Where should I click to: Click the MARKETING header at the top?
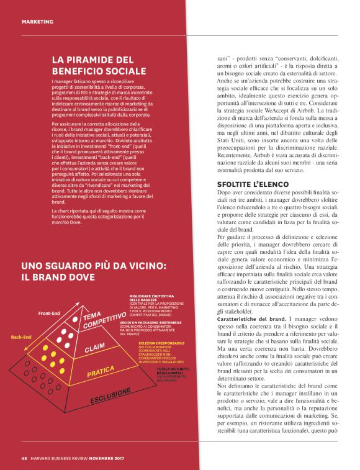[37, 22]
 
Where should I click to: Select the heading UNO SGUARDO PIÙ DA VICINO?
[93, 270]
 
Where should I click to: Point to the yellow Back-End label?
[20, 337]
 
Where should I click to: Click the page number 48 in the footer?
[24, 459]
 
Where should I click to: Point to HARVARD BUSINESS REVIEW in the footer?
[63, 459]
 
